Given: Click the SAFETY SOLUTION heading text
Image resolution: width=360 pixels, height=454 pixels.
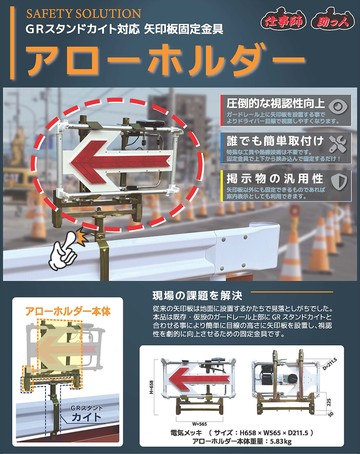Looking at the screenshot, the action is (84, 13).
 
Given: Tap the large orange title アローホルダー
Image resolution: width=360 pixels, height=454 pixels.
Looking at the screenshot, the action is (166, 60).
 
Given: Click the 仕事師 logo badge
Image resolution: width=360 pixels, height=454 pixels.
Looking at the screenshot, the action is (283, 20).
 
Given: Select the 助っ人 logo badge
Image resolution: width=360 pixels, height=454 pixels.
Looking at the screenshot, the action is (333, 20).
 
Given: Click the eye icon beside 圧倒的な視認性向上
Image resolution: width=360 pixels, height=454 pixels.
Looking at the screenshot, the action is (338, 106).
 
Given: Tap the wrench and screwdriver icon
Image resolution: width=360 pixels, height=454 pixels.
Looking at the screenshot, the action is (338, 144).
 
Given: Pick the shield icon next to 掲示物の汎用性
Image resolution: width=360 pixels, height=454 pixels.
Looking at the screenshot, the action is (339, 182).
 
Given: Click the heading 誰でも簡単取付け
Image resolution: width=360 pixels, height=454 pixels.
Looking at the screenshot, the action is (275, 141).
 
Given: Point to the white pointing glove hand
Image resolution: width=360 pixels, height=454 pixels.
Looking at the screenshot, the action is (64, 251).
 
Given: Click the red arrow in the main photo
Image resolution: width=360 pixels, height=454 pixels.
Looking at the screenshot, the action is (120, 160).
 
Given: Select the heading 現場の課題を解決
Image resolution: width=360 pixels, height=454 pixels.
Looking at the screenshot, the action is (197, 296).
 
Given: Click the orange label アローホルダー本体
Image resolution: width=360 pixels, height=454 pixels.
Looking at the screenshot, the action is (68, 311).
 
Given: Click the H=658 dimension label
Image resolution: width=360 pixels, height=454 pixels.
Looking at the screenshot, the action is (152, 387).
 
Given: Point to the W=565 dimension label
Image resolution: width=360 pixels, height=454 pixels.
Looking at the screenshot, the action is (199, 424).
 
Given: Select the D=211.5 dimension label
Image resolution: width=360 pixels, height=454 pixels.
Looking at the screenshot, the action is (330, 364).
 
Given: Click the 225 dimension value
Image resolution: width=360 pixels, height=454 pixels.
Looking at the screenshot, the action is (328, 402).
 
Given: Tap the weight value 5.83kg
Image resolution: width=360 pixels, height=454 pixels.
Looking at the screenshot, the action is (281, 441).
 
